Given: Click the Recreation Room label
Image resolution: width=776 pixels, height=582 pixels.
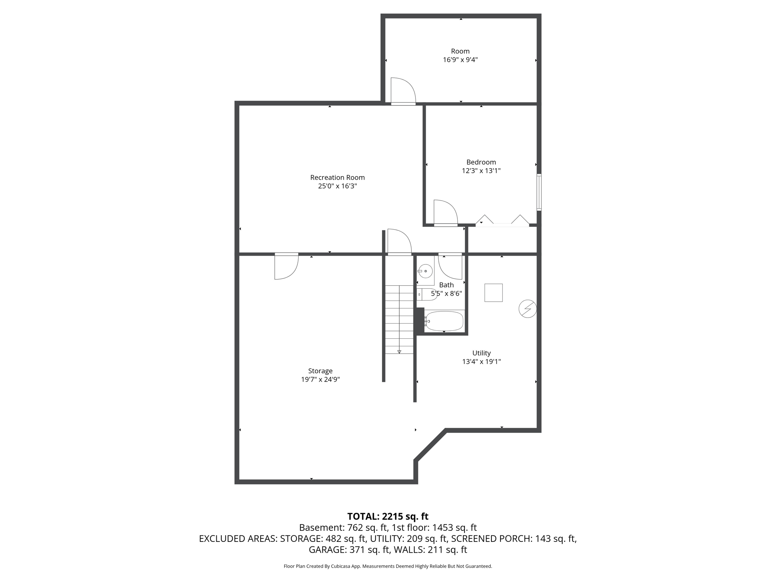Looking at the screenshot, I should [337, 177].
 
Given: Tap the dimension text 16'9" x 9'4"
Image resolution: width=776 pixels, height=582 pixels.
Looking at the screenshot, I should [460, 60].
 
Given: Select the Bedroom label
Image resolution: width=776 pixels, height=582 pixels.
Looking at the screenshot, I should [481, 162].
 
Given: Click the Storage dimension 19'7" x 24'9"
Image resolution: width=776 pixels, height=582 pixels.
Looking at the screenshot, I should [320, 379].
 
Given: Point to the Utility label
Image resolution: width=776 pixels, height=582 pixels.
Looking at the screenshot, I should [481, 353].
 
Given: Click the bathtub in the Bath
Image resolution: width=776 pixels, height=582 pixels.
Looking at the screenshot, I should [444, 321].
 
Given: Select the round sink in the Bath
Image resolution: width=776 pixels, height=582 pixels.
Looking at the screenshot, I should [426, 271].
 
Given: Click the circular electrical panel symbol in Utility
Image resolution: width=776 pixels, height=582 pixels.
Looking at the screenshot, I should [527, 309].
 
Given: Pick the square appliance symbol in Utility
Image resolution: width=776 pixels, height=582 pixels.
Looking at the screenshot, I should [493, 293].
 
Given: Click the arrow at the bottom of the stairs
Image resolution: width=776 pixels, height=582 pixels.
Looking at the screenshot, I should [399, 352].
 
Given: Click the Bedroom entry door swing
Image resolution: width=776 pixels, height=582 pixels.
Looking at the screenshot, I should [445, 213].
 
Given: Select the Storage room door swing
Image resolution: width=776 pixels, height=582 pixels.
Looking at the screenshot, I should [286, 267].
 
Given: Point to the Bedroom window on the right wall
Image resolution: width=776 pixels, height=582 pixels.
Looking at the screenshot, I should [539, 192].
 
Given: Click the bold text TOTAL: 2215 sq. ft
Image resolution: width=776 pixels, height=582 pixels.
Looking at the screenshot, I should [388, 516].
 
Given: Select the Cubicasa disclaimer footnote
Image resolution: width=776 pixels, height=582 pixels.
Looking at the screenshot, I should [388, 566].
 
